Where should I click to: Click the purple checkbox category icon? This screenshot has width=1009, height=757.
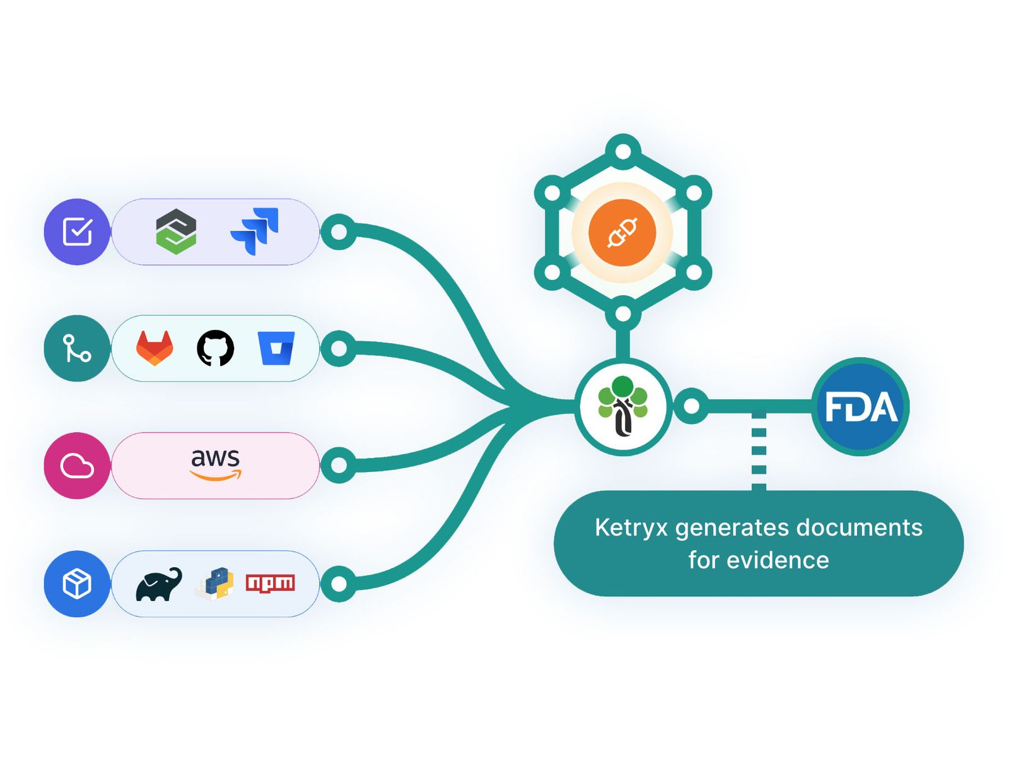tap(77, 232)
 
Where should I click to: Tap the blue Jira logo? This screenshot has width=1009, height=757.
tap(255, 231)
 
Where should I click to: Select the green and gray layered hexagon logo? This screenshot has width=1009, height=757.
tap(176, 232)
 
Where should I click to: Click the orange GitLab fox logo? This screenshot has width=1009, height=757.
tap(155, 348)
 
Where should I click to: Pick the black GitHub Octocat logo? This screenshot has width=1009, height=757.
tap(216, 348)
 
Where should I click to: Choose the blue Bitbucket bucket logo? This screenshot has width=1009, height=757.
tap(276, 348)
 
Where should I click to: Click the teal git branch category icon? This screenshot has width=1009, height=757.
tap(77, 348)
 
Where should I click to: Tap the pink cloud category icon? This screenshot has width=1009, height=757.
tap(77, 466)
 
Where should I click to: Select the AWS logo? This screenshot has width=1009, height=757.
tap(216, 465)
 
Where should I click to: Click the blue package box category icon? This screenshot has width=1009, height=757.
tap(77, 584)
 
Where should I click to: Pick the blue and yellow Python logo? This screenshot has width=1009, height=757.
tap(214, 584)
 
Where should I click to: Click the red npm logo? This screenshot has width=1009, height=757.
tap(271, 584)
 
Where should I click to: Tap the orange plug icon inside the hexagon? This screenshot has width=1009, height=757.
tap(622, 233)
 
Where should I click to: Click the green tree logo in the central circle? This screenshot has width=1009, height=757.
tap(623, 406)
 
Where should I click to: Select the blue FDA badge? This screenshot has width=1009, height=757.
tap(861, 406)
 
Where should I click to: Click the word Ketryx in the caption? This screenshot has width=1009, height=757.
tap(631, 527)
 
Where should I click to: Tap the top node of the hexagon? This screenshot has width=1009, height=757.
tap(623, 151)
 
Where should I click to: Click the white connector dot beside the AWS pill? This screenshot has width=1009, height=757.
tap(339, 465)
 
